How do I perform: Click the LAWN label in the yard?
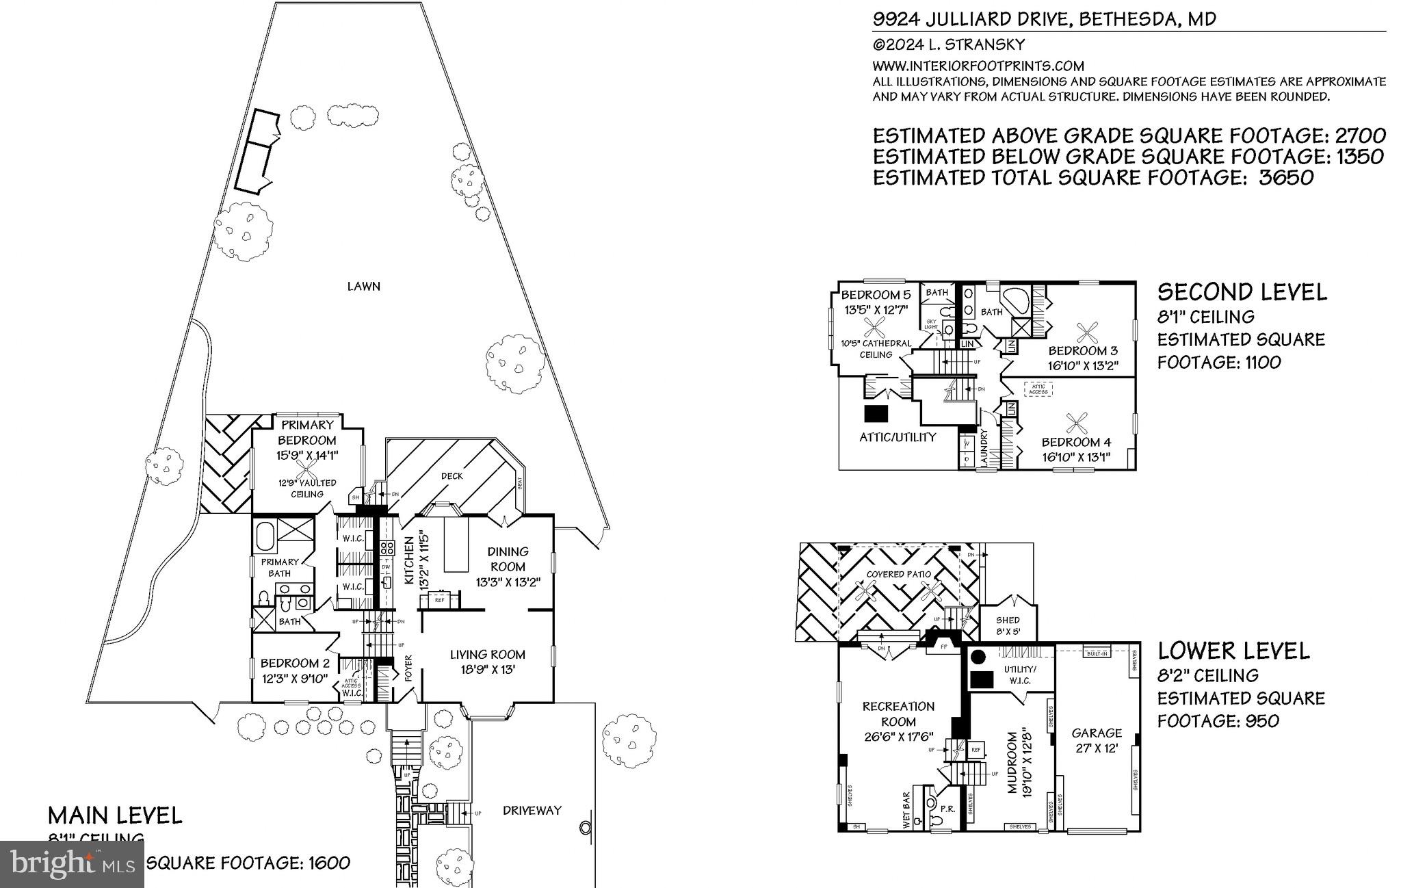point(363,287)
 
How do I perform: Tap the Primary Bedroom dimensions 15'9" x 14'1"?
point(307,455)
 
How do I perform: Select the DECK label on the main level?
point(451,476)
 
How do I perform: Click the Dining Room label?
point(508,559)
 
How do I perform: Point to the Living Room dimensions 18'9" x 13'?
point(487,670)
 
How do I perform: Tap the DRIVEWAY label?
point(532,811)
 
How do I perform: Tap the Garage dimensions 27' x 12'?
point(1097,749)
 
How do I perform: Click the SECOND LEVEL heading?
point(1242,293)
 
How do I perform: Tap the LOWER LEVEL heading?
point(1233,651)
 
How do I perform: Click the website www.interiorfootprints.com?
point(978,66)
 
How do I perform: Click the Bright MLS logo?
point(72,864)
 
